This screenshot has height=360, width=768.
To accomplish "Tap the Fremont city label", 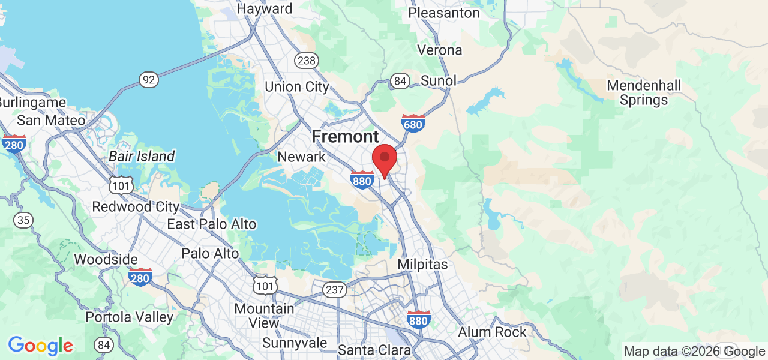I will [x=345, y=137].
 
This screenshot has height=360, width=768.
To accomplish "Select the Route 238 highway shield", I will [x=306, y=60].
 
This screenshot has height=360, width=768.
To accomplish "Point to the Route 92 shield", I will [x=148, y=79].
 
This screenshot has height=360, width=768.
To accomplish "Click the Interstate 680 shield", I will [x=413, y=123].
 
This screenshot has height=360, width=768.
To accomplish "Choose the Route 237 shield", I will [x=334, y=290].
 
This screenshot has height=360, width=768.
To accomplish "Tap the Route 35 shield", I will [x=23, y=220].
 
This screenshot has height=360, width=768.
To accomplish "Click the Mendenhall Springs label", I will [x=644, y=92].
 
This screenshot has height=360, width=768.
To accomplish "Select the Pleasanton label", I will [x=444, y=13].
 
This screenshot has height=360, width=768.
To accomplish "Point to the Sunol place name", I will [x=438, y=80].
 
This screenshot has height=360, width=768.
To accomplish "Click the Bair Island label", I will [x=142, y=157].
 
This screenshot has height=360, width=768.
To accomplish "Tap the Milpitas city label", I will [x=422, y=264].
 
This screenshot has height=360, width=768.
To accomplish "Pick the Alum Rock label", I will [x=492, y=332].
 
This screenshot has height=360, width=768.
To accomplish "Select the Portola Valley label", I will [x=130, y=317].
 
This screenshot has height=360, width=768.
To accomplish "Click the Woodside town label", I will [x=106, y=260].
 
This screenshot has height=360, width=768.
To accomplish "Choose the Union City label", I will [x=297, y=86].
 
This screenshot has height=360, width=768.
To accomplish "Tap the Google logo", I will [x=40, y=346].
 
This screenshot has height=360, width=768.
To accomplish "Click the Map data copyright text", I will [x=694, y=352].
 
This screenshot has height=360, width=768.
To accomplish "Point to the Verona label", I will [x=440, y=50].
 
